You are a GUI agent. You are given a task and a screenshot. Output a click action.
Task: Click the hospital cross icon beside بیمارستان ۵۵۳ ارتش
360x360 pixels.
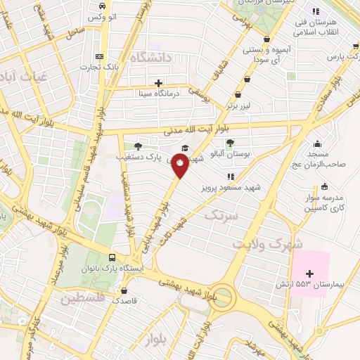pos(309,272)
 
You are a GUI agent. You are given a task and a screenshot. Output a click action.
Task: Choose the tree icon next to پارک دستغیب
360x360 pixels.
pos(138,146)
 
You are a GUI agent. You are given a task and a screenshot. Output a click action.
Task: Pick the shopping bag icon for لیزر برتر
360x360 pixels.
pos(237,96)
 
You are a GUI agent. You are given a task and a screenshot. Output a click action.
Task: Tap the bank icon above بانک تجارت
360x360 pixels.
pos(99,56)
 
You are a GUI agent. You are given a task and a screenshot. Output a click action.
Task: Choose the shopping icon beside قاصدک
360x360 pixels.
pos(124,290)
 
